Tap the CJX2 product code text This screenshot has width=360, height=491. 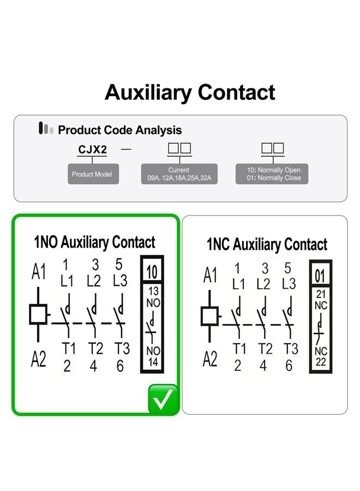click(x=92, y=149)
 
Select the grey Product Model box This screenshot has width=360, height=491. click(x=93, y=174)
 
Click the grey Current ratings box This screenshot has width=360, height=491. click(x=179, y=174)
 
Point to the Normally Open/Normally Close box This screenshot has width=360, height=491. click(x=272, y=174)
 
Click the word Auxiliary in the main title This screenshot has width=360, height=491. click(x=148, y=92)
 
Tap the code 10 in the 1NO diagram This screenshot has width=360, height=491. click(x=152, y=272)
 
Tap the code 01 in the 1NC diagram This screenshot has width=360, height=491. click(x=320, y=276)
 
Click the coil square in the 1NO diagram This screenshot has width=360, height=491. click(x=38, y=314)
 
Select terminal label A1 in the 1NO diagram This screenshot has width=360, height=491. click(x=39, y=271)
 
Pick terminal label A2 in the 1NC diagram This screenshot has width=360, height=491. click(x=210, y=359)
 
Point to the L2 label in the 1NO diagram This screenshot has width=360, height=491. click(x=94, y=281)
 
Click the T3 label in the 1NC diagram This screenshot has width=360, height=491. click(x=291, y=349)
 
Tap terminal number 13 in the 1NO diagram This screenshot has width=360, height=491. click(x=153, y=291)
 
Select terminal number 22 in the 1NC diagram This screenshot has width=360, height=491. click(x=321, y=362)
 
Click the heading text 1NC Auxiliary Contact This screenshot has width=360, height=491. click(x=267, y=244)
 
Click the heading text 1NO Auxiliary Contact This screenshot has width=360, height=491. click(x=94, y=242)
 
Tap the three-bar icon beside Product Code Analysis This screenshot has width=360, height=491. click(x=46, y=128)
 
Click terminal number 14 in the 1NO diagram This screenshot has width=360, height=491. click(x=153, y=362)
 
